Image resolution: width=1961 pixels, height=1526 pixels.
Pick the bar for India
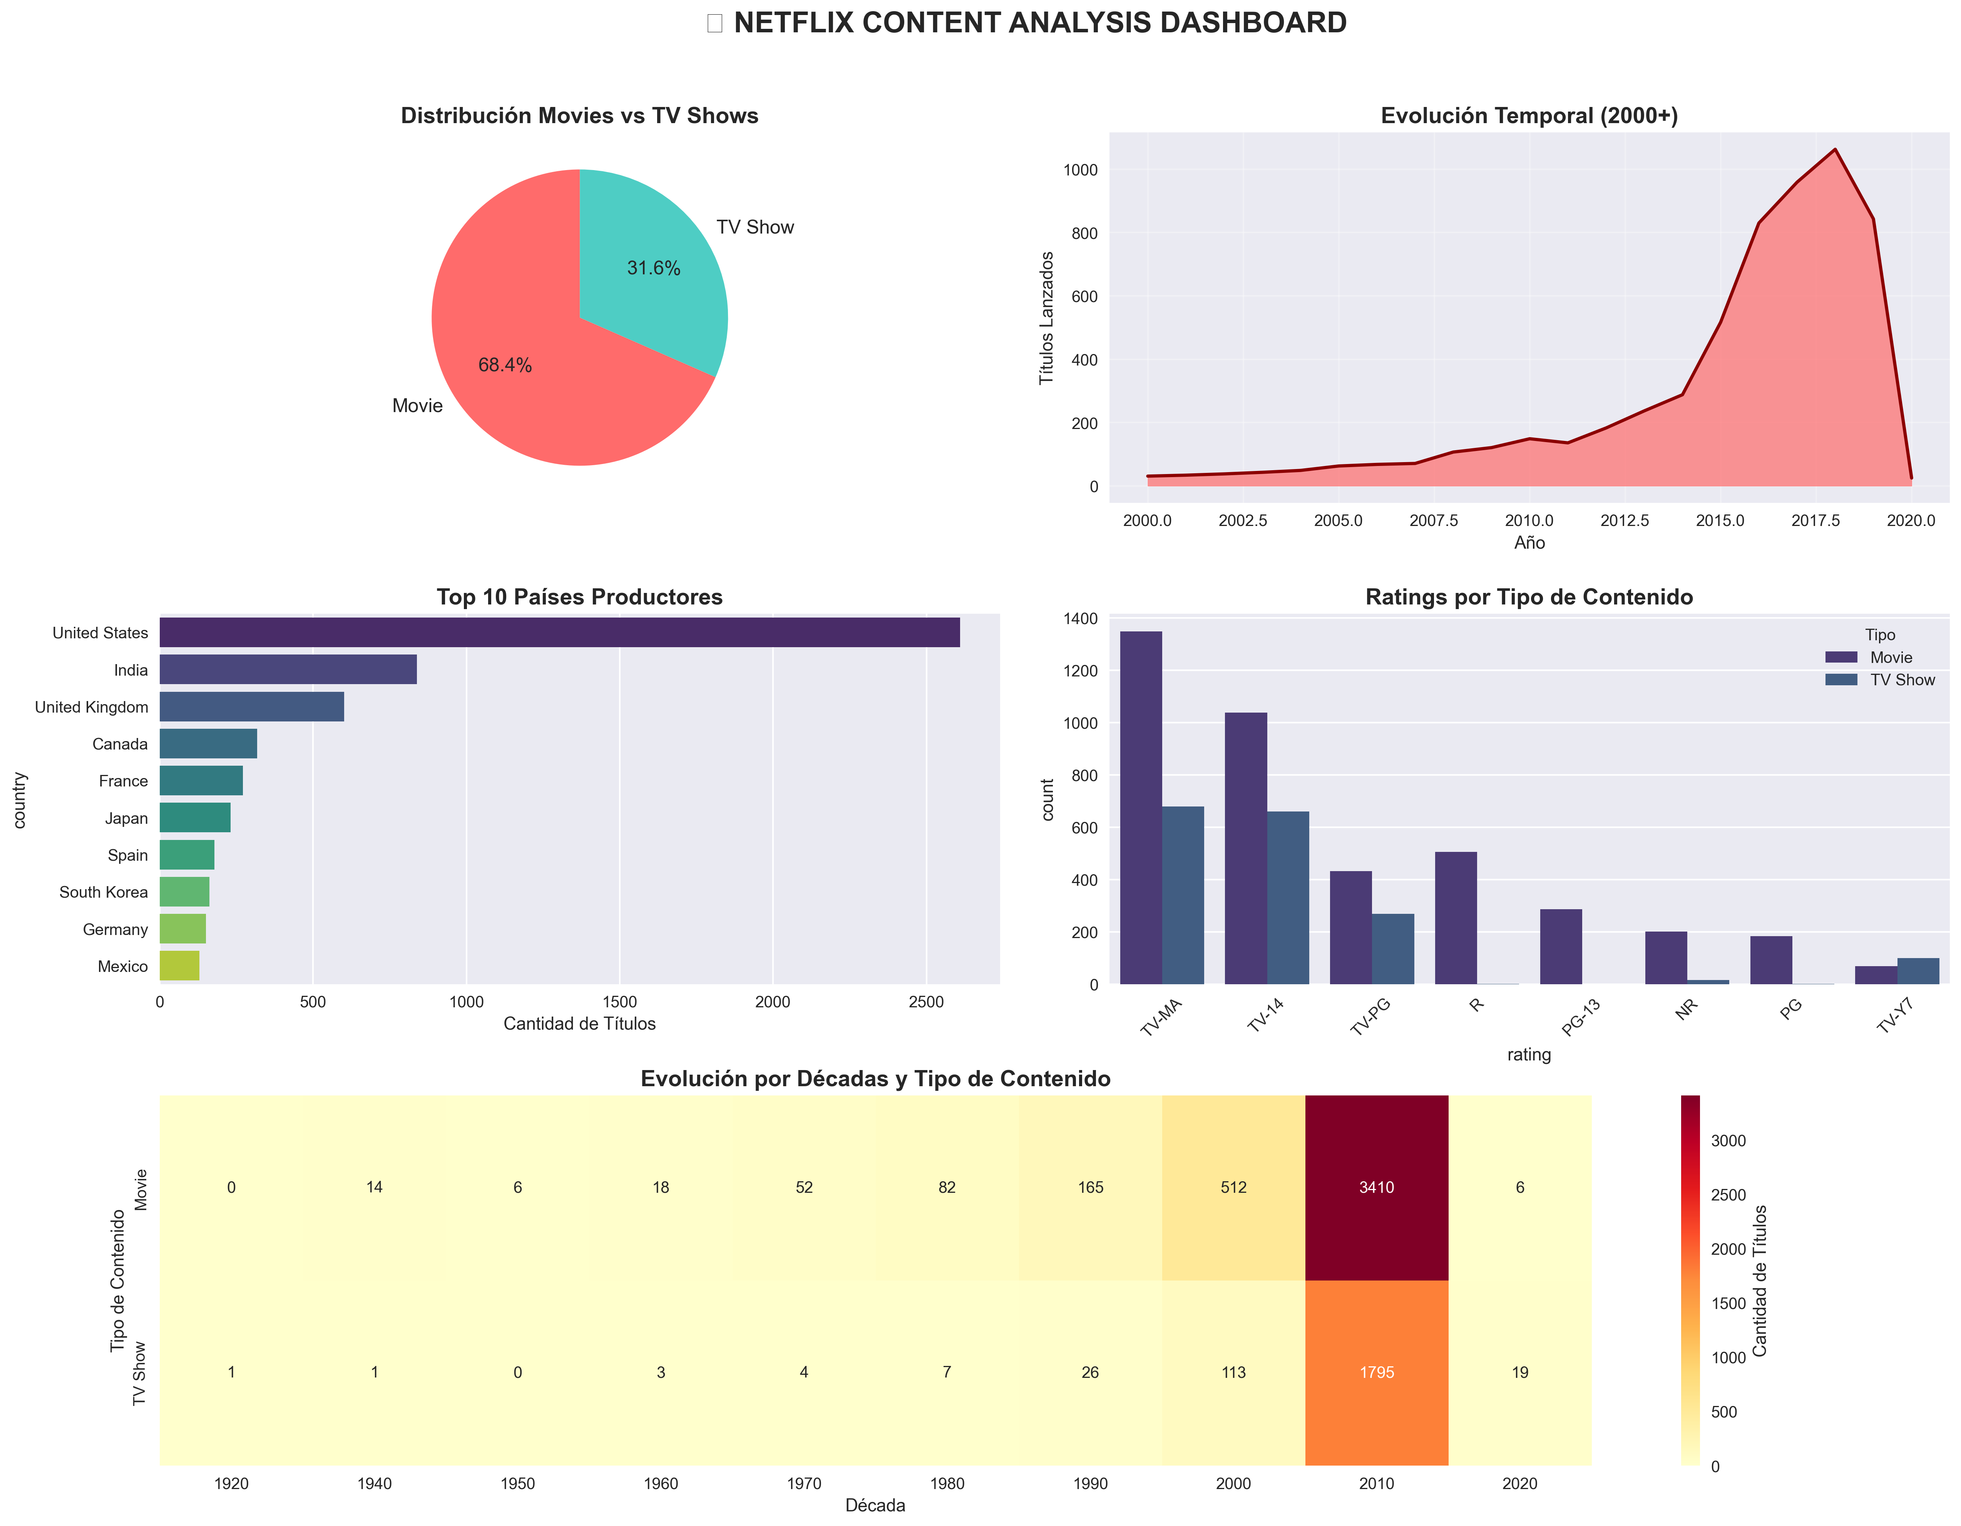287,670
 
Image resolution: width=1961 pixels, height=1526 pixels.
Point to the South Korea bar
184,892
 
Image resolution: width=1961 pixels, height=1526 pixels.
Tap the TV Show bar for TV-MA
1183,895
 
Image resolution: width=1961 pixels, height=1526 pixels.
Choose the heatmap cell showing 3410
1377,1187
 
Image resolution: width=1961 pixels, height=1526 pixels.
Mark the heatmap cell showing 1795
1377,1372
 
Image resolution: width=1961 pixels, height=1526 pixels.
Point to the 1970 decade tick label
804,1484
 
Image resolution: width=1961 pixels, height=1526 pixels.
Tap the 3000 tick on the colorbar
1728,1141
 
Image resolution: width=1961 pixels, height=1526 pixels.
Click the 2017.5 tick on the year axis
1815,521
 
